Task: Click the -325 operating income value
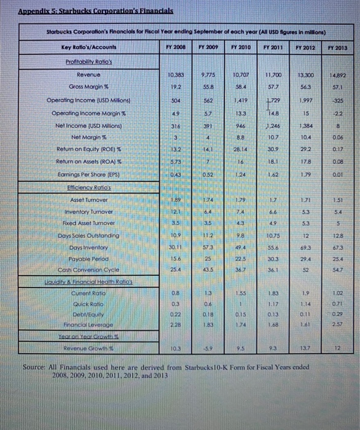[337, 100]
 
